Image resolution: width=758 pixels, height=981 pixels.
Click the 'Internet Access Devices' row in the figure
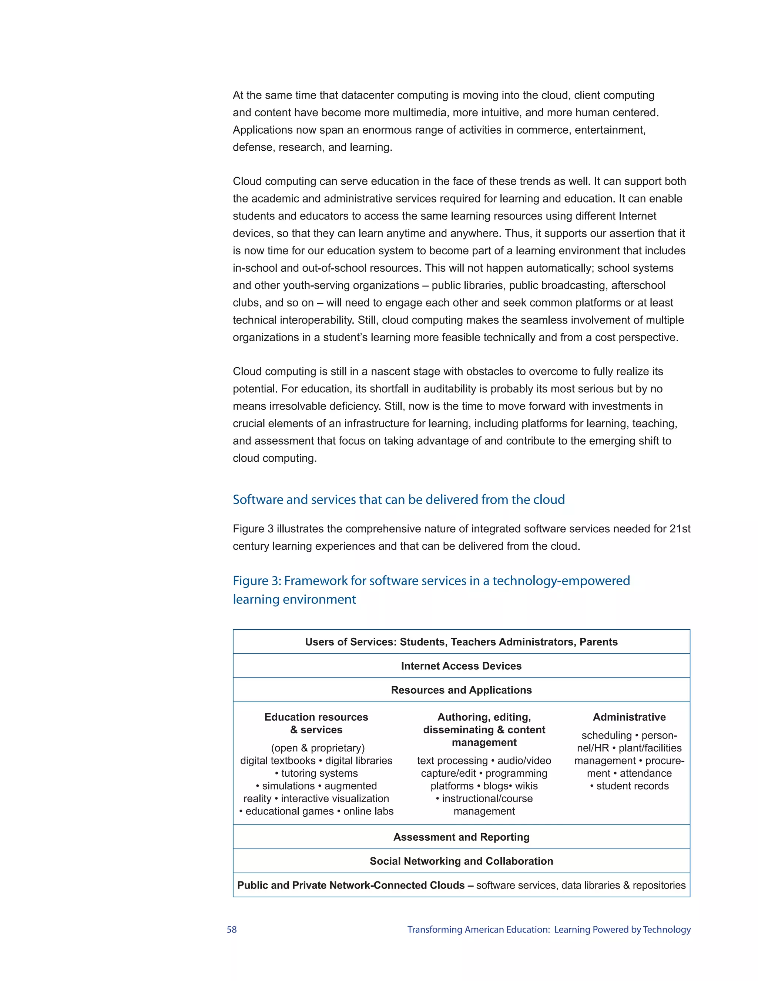pos(461,666)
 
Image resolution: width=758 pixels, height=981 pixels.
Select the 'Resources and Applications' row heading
pos(461,690)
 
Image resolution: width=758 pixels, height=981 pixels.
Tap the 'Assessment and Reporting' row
pos(461,837)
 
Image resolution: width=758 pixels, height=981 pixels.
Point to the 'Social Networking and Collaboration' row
pos(461,861)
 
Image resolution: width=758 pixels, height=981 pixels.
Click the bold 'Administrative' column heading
pos(629,717)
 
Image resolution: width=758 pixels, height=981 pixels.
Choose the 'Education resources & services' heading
pos(316,724)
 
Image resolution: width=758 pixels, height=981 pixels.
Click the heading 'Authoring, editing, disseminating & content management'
pos(484,730)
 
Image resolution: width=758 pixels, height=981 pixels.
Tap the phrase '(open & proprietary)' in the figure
pos(318,748)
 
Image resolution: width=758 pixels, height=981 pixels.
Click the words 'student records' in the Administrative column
pos(632,786)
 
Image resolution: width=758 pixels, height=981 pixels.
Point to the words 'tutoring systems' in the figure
pos(319,773)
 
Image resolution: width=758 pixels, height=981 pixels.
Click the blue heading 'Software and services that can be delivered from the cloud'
pos(399,500)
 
